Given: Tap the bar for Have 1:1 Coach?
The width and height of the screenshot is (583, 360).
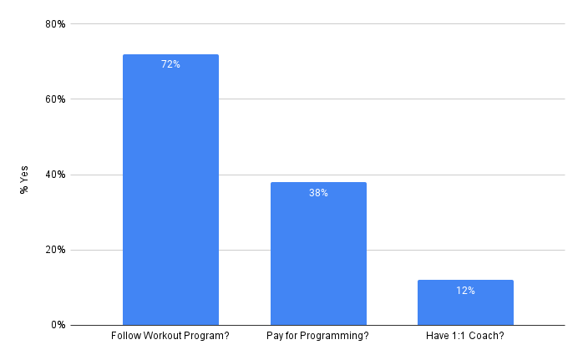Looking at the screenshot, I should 465,302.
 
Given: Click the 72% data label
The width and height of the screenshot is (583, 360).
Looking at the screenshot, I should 170,64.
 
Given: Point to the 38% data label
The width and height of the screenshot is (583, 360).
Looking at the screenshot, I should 318,193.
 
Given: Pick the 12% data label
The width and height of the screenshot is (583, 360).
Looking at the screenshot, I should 465,291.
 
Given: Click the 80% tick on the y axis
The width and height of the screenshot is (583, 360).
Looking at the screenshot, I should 55,24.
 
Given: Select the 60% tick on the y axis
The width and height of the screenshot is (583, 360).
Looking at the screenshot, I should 55,99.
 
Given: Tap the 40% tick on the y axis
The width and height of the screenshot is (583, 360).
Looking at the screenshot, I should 55,175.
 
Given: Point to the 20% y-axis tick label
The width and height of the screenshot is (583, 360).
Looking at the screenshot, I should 55,250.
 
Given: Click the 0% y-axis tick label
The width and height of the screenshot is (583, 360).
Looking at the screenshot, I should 58,325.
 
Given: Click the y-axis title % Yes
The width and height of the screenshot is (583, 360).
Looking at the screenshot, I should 25,178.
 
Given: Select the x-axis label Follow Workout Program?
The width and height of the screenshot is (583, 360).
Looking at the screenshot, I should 170,337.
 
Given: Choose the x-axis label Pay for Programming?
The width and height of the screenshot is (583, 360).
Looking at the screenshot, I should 318,337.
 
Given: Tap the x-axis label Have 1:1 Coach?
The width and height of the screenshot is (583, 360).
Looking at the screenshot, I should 465,337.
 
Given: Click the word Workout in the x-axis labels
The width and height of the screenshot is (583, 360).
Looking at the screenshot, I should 162,337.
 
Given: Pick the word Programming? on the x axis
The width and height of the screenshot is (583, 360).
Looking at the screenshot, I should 338,337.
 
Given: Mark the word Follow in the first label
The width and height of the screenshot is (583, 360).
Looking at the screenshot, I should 126,337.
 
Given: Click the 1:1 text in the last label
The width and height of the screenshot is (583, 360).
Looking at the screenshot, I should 459,337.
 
